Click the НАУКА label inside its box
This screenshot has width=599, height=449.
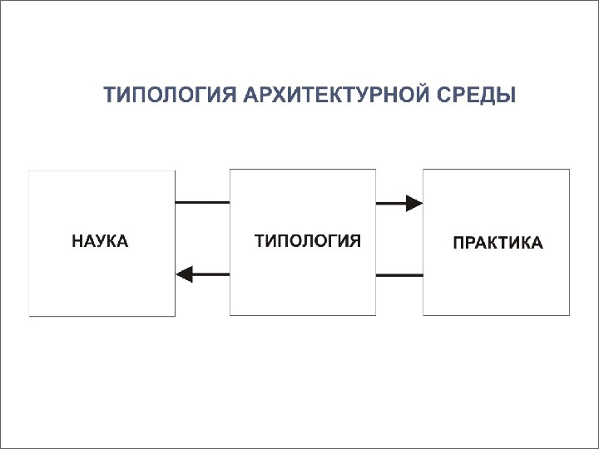pyautogui.click(x=101, y=242)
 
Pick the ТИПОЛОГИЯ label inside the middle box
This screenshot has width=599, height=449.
pyautogui.click(x=307, y=242)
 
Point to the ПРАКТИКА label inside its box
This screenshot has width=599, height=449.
pyautogui.click(x=498, y=244)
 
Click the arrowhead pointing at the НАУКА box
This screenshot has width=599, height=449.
pyautogui.click(x=185, y=274)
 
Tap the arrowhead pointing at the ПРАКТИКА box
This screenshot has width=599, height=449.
pyautogui.click(x=414, y=202)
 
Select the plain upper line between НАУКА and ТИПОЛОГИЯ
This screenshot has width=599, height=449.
pyautogui.click(x=202, y=202)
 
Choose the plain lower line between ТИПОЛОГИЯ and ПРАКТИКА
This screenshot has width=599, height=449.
pyautogui.click(x=399, y=274)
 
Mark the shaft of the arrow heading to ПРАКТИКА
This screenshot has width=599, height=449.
pyautogui.click(x=390, y=202)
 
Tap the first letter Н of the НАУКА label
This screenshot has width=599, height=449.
pyautogui.click(x=77, y=242)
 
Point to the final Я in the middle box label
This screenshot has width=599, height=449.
pyautogui.click(x=355, y=242)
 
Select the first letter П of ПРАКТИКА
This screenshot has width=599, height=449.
pyautogui.click(x=458, y=244)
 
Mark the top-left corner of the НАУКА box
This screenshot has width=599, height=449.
pyautogui.click(x=30, y=171)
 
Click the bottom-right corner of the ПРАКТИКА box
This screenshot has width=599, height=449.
pyautogui.click(x=569, y=315)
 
